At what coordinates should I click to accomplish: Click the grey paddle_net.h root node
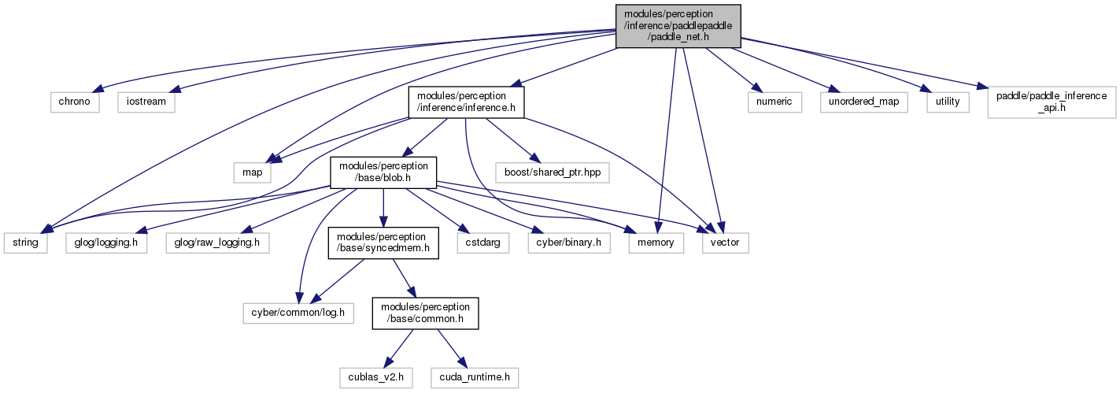(678, 26)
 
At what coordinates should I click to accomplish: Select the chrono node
(75, 102)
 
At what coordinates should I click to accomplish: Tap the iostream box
(146, 102)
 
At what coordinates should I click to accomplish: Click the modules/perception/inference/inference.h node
(466, 102)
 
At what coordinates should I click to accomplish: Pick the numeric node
(774, 102)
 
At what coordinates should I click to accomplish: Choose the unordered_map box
(863, 102)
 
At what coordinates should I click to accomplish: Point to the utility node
(948, 102)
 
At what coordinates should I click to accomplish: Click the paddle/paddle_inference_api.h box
(1052, 102)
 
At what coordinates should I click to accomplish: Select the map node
(252, 172)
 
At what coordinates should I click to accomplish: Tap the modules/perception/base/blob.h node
(383, 172)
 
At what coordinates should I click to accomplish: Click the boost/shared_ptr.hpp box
(553, 172)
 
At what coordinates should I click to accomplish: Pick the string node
(25, 243)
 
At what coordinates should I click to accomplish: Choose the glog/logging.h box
(106, 243)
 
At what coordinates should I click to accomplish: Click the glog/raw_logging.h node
(217, 243)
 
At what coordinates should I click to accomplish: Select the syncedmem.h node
(383, 243)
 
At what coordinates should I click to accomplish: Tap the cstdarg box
(482, 243)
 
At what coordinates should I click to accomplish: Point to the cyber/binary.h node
(569, 243)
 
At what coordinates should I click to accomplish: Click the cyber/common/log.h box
(298, 313)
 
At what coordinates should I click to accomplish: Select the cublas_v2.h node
(376, 377)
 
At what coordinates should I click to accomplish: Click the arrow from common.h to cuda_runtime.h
(453, 348)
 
